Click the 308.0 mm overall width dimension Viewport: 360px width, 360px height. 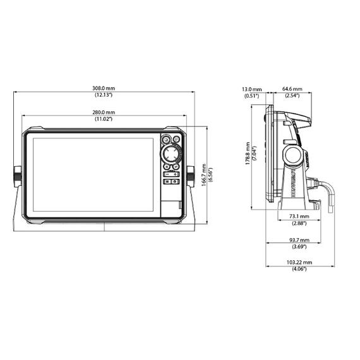coord(104,88)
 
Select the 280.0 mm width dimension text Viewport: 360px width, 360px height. coord(104,112)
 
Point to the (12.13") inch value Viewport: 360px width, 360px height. coord(104,95)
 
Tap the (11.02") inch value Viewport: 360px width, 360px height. coord(104,119)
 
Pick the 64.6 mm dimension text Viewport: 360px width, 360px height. coord(291,89)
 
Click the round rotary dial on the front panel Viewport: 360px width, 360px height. coord(171,155)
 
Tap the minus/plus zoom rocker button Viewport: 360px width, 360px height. coord(171,173)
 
